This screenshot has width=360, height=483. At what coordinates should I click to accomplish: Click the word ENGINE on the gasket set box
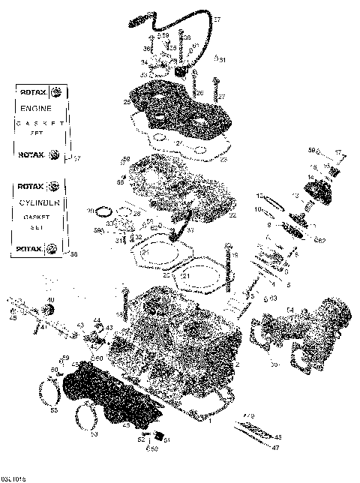tap(35, 109)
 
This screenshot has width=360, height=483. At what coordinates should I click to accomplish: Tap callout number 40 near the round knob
tap(49, 301)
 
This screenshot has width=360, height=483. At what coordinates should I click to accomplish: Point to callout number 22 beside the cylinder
tap(232, 215)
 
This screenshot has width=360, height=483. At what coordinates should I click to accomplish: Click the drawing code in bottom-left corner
tap(13, 477)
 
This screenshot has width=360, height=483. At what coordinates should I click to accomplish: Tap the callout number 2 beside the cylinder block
tap(237, 364)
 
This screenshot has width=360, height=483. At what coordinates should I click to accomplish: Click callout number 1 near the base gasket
tap(210, 421)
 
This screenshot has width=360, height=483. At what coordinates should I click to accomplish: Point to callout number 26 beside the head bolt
tap(200, 92)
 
